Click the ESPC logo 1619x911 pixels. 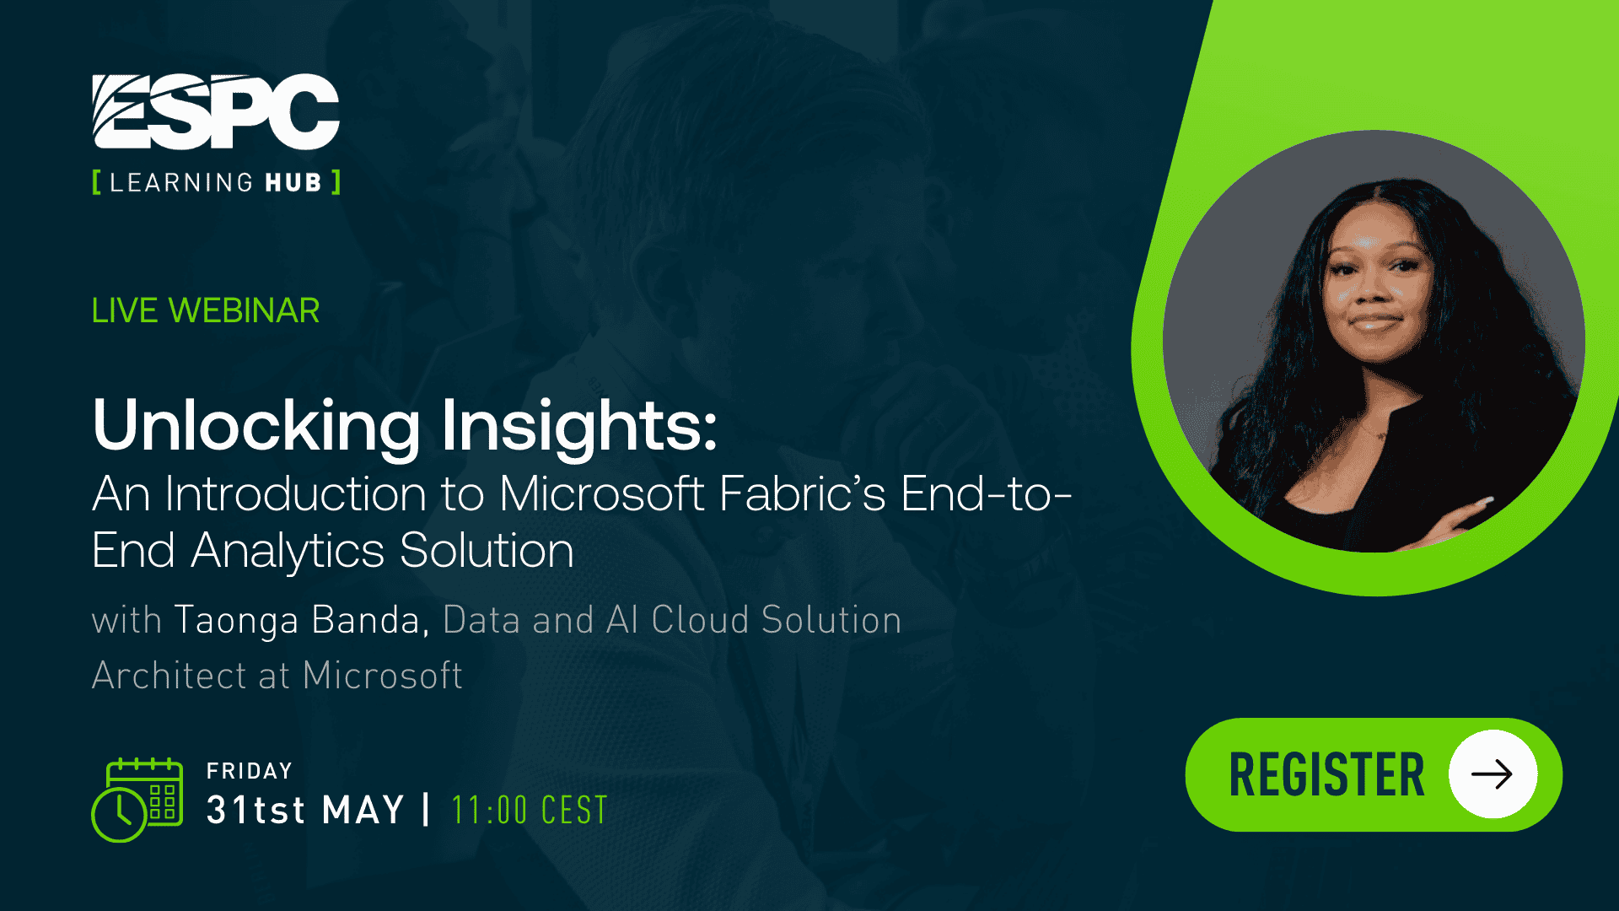point(216,111)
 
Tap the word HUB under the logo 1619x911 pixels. point(293,183)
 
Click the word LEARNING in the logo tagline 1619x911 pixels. point(180,183)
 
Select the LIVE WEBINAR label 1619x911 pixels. point(206,310)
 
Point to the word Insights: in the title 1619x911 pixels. point(578,426)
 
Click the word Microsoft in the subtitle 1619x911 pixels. point(601,494)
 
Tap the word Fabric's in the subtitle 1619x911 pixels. point(802,494)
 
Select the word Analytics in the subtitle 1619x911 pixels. point(288,551)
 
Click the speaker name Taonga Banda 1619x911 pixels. point(297,620)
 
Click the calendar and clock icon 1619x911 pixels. point(137,799)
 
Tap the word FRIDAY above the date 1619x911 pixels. point(250,771)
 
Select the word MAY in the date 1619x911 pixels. point(363,811)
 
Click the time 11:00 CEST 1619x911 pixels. point(529,811)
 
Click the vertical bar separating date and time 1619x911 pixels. point(427,810)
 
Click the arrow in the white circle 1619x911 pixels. point(1492,774)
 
